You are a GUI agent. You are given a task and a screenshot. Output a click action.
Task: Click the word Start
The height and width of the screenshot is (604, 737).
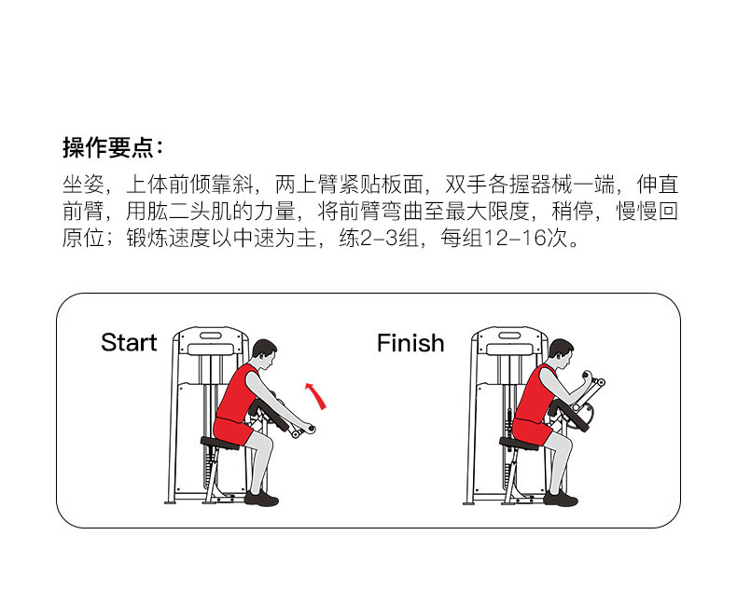129,343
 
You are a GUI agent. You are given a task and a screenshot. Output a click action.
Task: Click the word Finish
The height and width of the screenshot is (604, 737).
410,343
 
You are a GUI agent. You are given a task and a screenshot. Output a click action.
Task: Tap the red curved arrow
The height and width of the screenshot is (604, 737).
317,395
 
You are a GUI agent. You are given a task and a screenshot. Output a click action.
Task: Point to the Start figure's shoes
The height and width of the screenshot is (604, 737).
261,498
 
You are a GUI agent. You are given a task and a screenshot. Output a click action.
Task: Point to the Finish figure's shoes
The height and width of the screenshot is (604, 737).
560,498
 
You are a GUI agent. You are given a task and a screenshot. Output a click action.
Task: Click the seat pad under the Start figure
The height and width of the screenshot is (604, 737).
224,443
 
